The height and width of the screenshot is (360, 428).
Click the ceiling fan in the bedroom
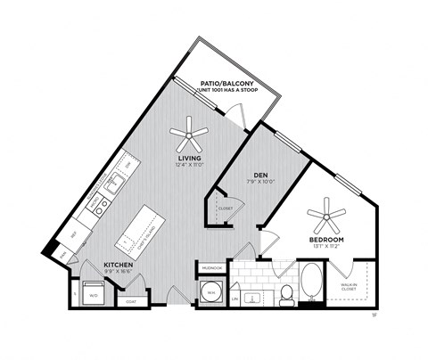[x=325, y=215]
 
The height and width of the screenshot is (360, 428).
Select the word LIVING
[x=188, y=158]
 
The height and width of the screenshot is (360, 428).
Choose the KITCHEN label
[x=119, y=266]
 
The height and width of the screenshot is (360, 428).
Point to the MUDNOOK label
[x=211, y=266]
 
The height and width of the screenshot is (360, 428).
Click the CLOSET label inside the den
[x=225, y=208]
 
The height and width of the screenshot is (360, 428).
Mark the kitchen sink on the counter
[x=117, y=185]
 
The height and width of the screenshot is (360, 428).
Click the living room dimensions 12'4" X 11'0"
[x=188, y=165]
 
